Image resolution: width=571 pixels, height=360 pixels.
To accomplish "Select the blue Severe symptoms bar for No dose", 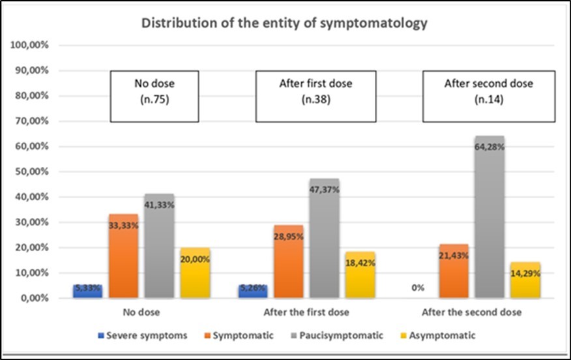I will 87,292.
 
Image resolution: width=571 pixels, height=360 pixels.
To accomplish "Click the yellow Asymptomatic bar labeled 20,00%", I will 195,273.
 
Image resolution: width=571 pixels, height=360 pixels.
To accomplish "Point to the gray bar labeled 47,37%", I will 324,239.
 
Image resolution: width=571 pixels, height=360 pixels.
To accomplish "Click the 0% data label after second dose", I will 417,286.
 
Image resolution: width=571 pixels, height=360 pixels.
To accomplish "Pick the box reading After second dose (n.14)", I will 479,97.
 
